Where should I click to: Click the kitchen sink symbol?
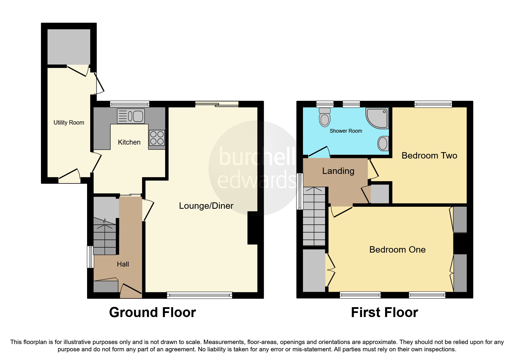[131, 116]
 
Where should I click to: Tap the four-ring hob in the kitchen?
[157, 138]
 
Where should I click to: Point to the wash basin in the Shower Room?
[383, 143]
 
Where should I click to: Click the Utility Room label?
[69, 123]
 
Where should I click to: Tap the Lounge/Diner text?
[206, 206]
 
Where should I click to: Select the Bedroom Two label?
[429, 156]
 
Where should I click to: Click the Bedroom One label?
[397, 250]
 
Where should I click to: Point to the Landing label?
[338, 171]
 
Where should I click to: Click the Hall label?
[123, 264]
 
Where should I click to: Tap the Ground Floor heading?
[152, 313]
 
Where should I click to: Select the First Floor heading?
[384, 313]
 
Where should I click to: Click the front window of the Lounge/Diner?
[199, 295]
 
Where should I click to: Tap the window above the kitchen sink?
[129, 104]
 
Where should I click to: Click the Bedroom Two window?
[433, 104]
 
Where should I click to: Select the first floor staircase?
[314, 216]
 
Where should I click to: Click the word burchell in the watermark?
[257, 157]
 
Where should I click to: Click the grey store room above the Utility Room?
[69, 46]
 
